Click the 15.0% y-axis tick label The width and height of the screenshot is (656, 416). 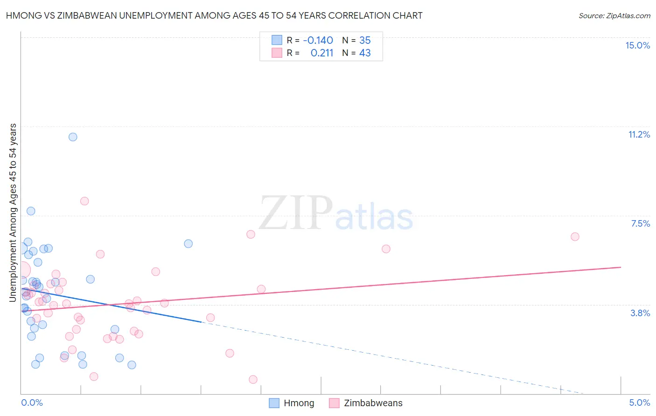(x=637, y=45)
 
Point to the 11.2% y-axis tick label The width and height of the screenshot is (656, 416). (x=639, y=134)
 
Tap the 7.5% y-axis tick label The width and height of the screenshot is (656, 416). (x=640, y=223)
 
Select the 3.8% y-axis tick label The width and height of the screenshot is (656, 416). (x=640, y=313)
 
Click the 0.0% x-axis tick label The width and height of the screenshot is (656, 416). (x=32, y=402)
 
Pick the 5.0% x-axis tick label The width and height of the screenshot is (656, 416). (x=639, y=402)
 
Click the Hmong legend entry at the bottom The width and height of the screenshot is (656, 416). (x=292, y=403)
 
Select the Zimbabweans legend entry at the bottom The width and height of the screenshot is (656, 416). (x=366, y=403)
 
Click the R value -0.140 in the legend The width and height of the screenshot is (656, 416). (x=318, y=40)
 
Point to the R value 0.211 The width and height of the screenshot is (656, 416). (x=322, y=53)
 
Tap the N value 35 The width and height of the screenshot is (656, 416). (x=365, y=40)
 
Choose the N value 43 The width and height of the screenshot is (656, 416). (x=365, y=53)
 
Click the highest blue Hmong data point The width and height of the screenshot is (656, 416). (x=73, y=137)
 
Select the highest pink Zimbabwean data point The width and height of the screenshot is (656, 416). (x=84, y=201)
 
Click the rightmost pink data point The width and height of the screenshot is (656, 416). (x=575, y=236)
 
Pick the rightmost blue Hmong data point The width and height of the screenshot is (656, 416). (x=188, y=243)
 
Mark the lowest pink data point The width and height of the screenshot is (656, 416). (x=253, y=380)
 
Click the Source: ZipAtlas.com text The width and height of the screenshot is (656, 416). (x=614, y=15)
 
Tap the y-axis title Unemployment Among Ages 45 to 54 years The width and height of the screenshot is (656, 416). (x=13, y=212)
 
